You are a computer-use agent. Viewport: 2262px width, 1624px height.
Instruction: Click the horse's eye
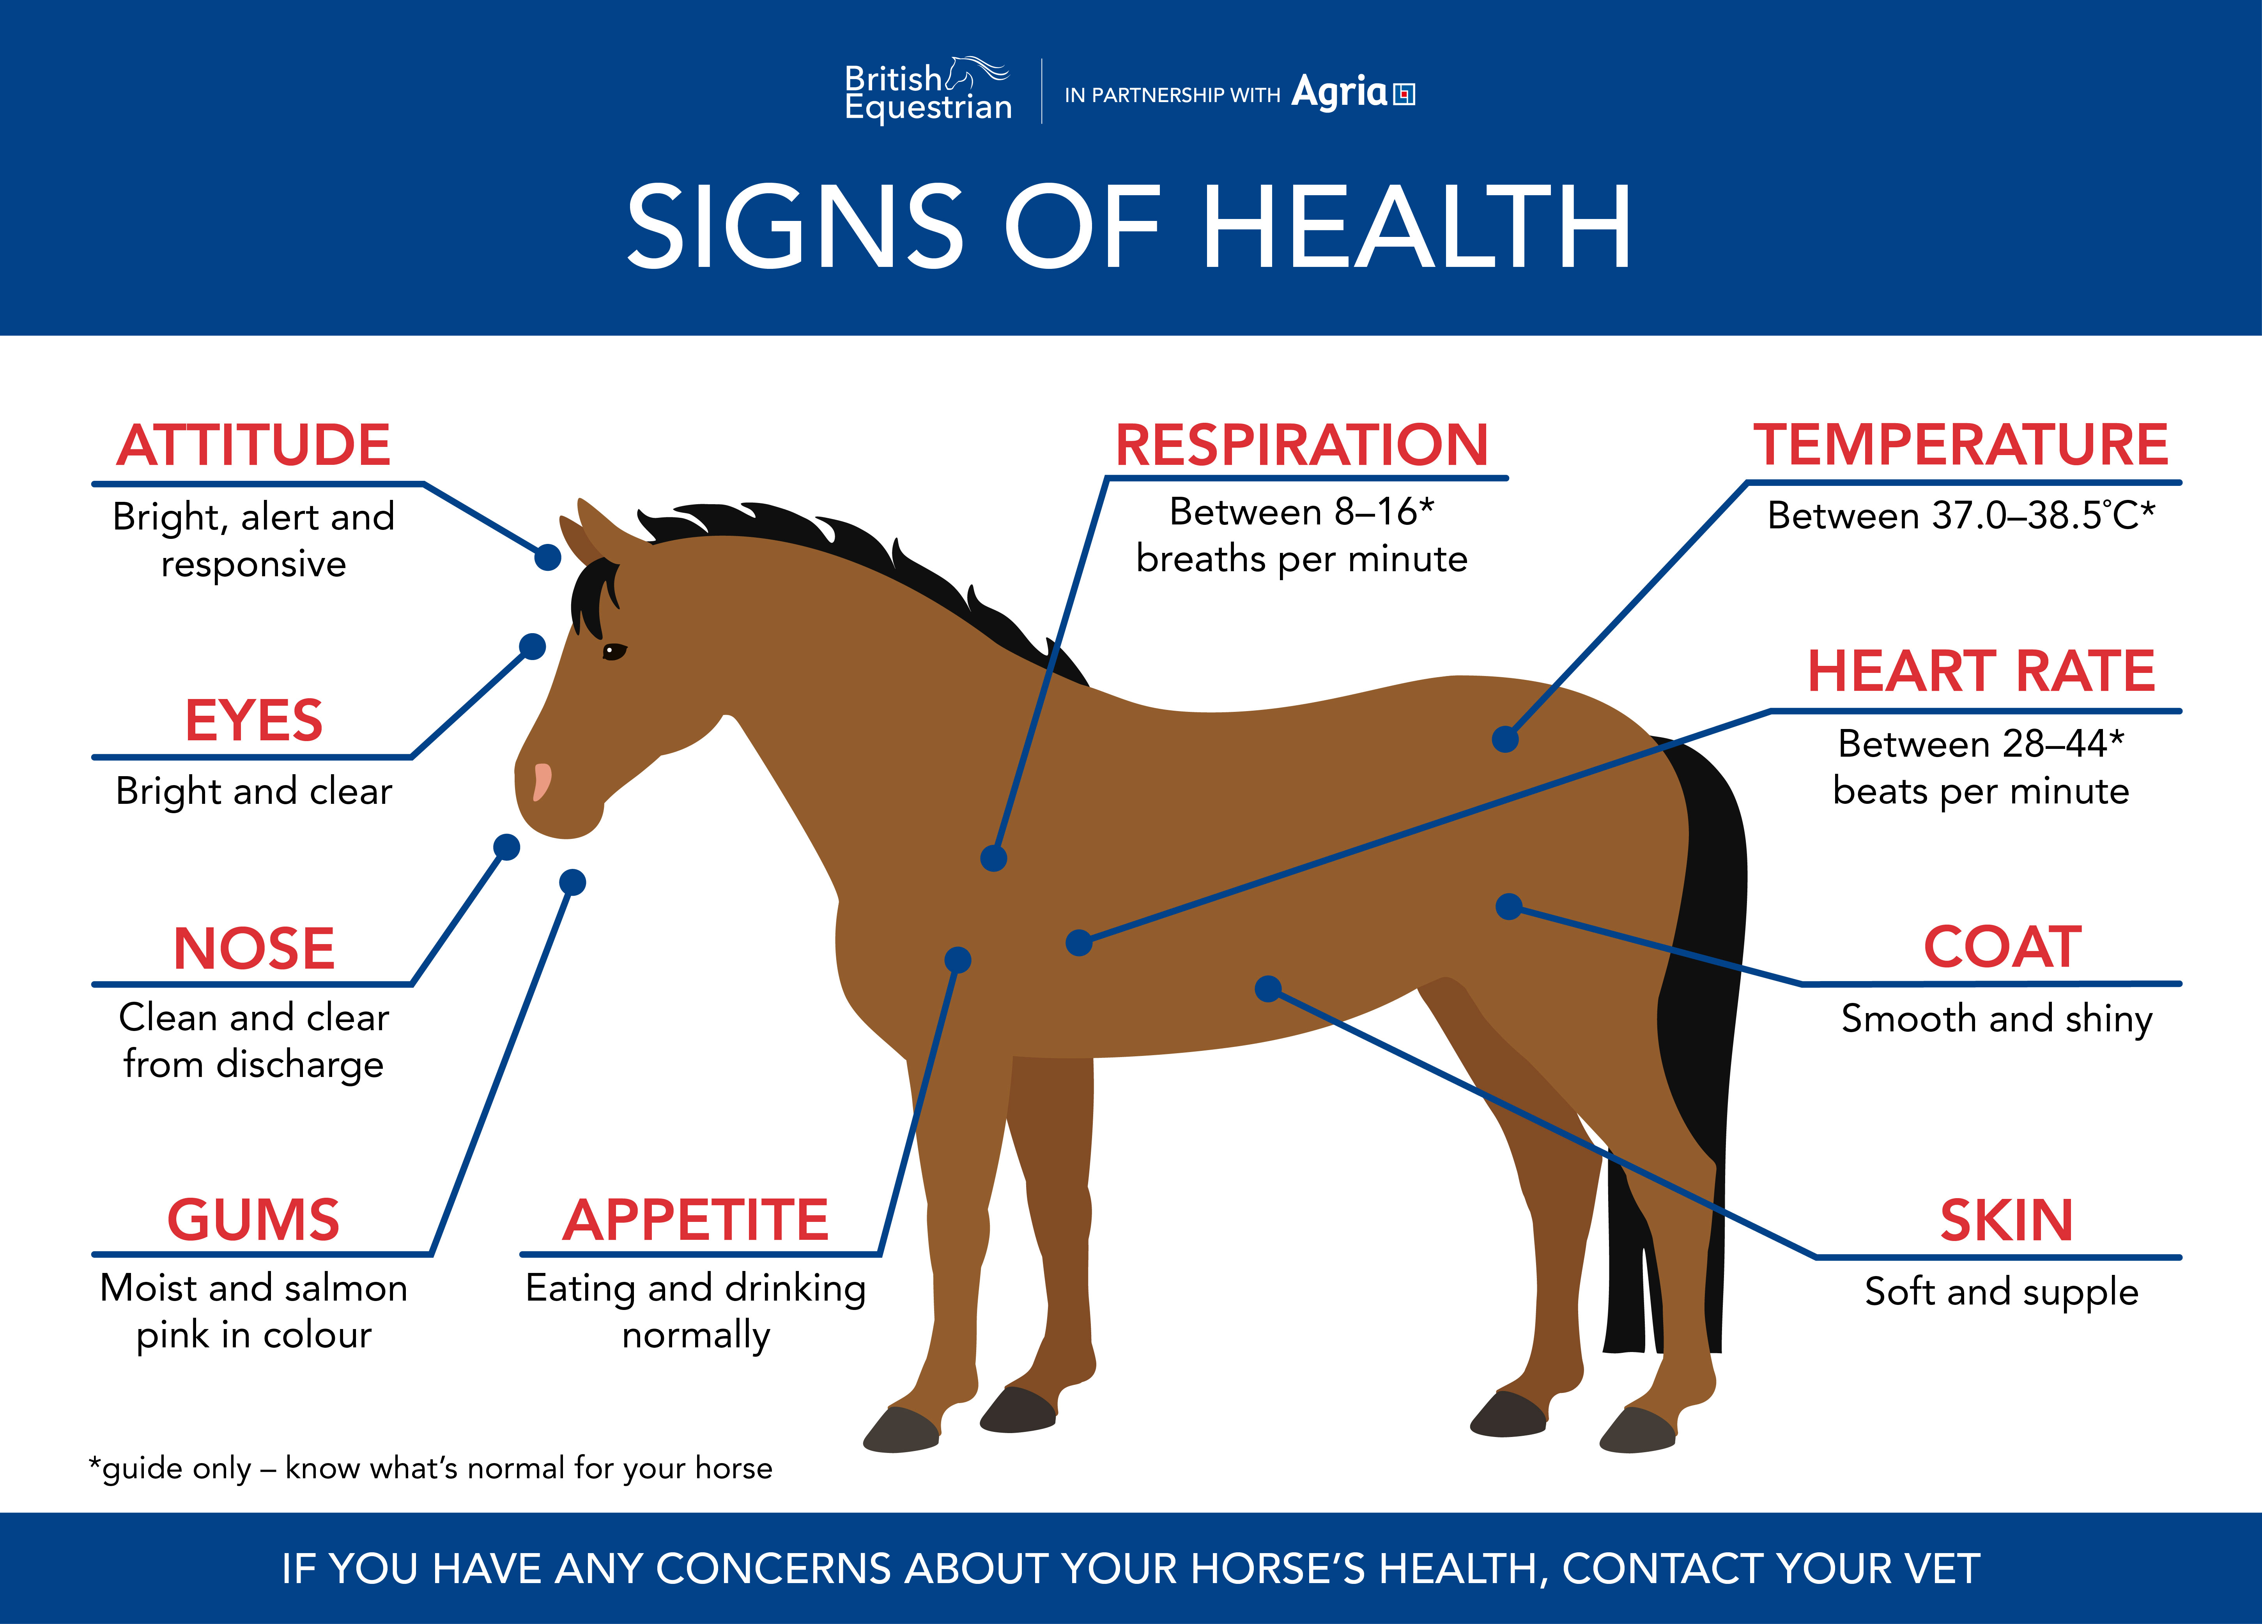coord(613,652)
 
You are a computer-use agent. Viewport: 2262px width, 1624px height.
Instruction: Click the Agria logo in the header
coord(1353,93)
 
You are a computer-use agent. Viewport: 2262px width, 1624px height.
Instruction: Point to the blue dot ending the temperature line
coord(1505,739)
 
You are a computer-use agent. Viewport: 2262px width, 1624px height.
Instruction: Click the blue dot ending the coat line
coord(1509,906)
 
